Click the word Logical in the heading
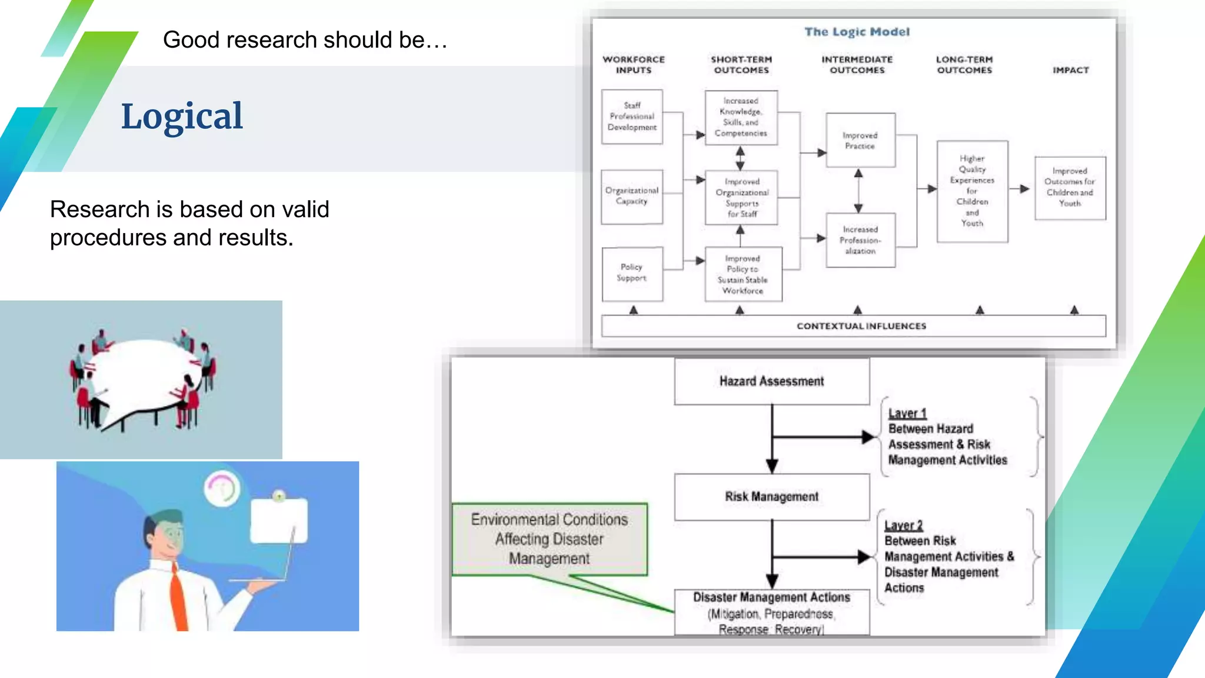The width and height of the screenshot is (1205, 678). pyautogui.click(x=181, y=117)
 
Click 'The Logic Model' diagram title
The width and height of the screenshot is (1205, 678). pyautogui.click(x=857, y=32)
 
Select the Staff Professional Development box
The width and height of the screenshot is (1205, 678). pyautogui.click(x=632, y=117)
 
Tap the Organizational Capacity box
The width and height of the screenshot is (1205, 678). pyautogui.click(x=632, y=196)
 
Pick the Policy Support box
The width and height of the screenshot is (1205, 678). pyautogui.click(x=632, y=273)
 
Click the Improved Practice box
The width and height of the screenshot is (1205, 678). pyautogui.click(x=860, y=141)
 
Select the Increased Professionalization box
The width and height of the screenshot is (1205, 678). pyautogui.click(x=860, y=240)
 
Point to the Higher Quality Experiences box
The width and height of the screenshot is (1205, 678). pyautogui.click(x=972, y=191)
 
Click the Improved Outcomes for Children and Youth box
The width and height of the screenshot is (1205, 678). pyautogui.click(x=1070, y=188)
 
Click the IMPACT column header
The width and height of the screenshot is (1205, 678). pyautogui.click(x=1070, y=70)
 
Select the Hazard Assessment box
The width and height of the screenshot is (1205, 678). pyautogui.click(x=771, y=381)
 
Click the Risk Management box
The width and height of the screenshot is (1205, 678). pyautogui.click(x=771, y=497)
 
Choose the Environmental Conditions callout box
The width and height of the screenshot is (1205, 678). pyautogui.click(x=549, y=539)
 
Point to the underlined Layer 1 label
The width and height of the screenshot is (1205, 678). pyautogui.click(x=907, y=413)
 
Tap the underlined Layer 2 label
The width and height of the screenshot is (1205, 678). pyautogui.click(x=903, y=525)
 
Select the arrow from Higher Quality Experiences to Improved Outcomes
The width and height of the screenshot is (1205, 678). pyautogui.click(x=1020, y=189)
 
